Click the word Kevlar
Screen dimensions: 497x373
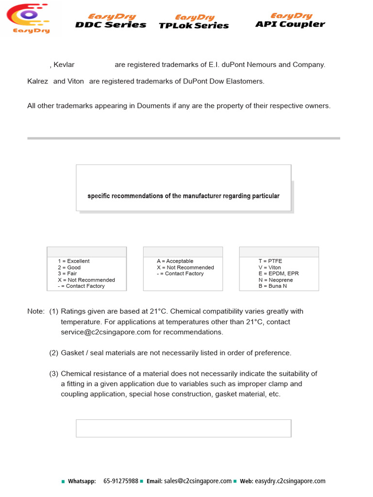pyautogui.click(x=64, y=65)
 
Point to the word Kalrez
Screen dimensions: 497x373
pyautogui.click(x=37, y=81)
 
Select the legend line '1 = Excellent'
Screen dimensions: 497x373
pyautogui.click(x=73, y=261)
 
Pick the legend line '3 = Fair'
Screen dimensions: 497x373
pyautogui.click(x=67, y=274)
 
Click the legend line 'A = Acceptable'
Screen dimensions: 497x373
pyautogui.click(x=175, y=261)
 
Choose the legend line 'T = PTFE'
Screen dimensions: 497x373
pyautogui.click(x=270, y=261)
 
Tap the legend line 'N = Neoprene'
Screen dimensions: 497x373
pyautogui.click(x=275, y=280)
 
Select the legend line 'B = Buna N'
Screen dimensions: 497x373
pyautogui.click(x=272, y=286)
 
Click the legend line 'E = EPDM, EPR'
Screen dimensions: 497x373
pyautogui.click(x=278, y=274)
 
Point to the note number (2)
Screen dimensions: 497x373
pyautogui.click(x=53, y=353)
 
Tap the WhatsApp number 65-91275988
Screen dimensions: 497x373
pyautogui.click(x=120, y=481)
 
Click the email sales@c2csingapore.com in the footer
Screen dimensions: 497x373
pyautogui.click(x=198, y=481)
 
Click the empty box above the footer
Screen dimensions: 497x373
pyautogui.click(x=184, y=428)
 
